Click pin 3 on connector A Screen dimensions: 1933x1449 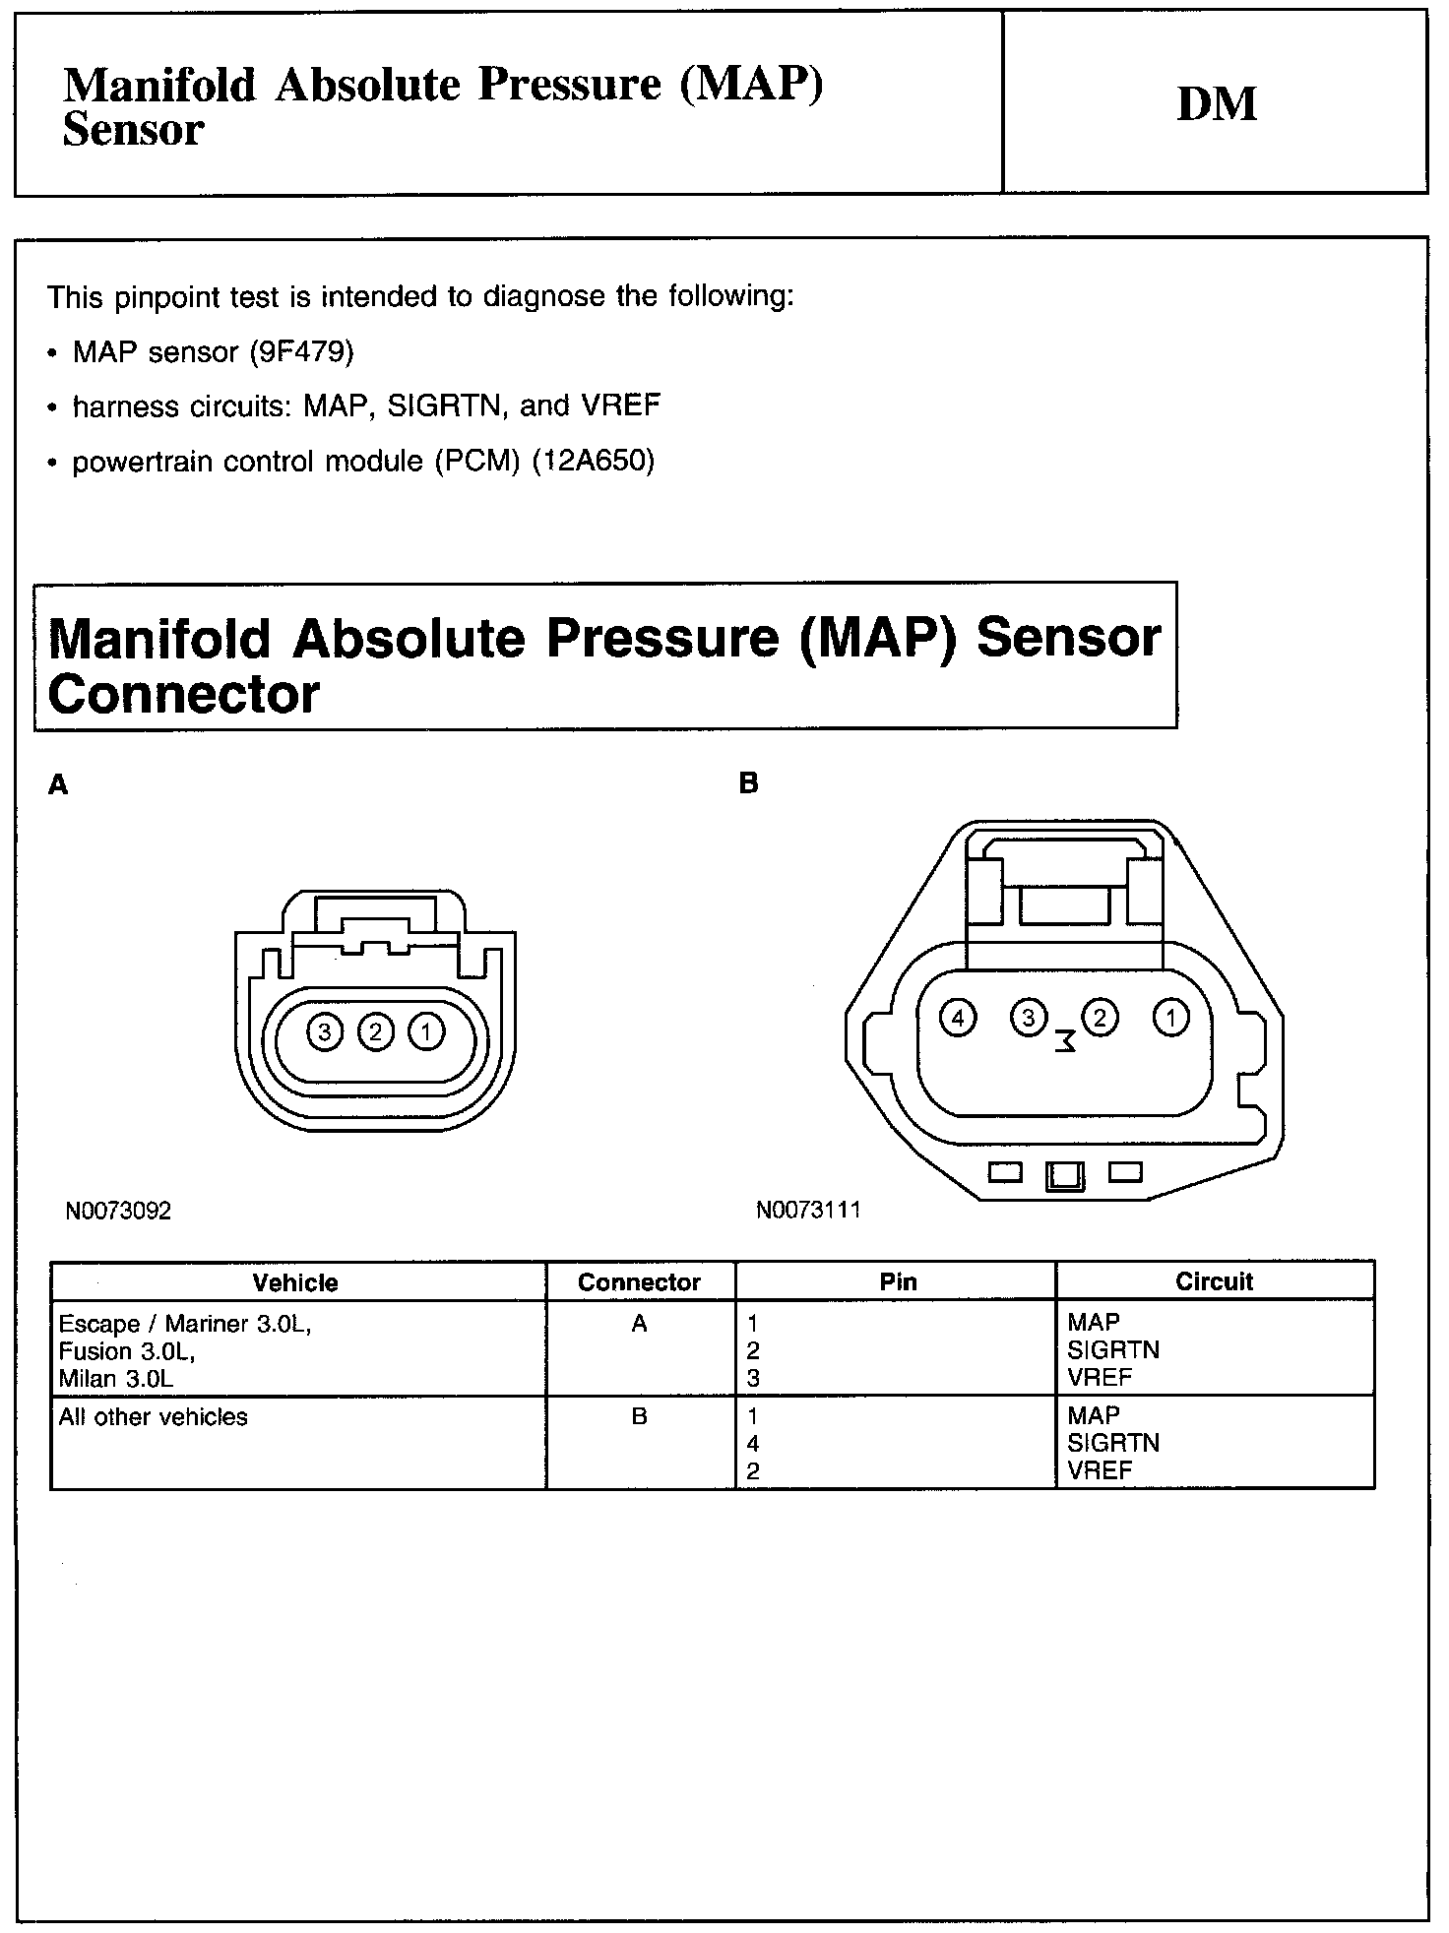click(x=324, y=1031)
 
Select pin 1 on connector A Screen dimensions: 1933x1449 click(x=426, y=1031)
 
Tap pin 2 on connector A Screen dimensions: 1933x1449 click(x=375, y=1031)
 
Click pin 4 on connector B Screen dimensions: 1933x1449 click(x=957, y=1017)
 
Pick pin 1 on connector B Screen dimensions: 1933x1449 click(x=1170, y=1017)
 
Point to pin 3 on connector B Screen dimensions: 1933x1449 click(x=1028, y=1017)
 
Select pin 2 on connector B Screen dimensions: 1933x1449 click(x=1100, y=1017)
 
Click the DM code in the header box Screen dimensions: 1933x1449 click(x=1217, y=104)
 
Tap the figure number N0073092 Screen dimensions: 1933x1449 click(x=118, y=1211)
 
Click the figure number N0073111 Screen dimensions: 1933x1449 click(x=808, y=1210)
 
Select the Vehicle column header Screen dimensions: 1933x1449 click(x=295, y=1282)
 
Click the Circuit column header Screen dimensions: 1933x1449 click(x=1214, y=1281)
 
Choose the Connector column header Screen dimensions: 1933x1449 click(x=639, y=1282)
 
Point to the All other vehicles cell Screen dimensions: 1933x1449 click(x=154, y=1417)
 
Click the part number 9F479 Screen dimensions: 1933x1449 click(x=302, y=351)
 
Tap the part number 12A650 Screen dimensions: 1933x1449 click(x=593, y=461)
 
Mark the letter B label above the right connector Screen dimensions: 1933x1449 click(x=748, y=784)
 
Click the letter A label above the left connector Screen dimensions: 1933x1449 click(x=59, y=784)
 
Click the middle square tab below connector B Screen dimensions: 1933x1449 click(x=1066, y=1175)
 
